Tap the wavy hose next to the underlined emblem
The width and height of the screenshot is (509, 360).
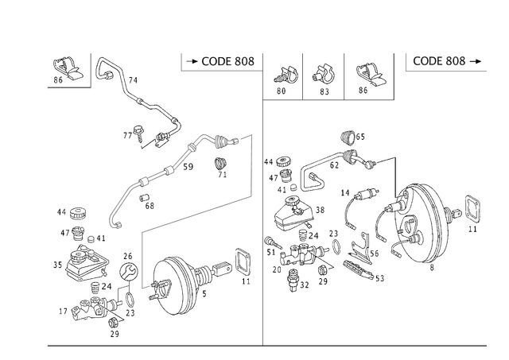pos(135,95)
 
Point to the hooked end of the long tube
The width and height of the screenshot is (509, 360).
pos(115,219)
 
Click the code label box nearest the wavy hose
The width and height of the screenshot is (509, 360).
pos(219,62)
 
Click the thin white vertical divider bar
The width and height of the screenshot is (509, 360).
pos(301,75)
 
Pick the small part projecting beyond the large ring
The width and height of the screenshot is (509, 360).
pos(473,208)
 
